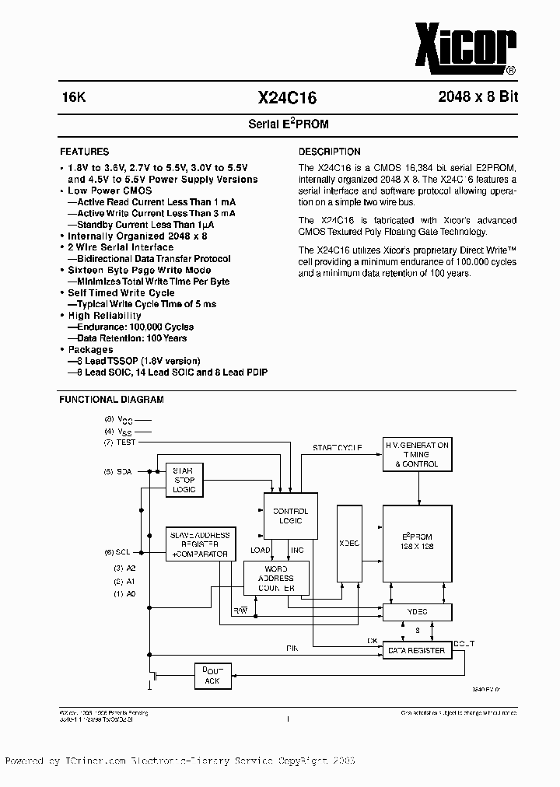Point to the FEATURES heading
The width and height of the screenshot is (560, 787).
click(84, 152)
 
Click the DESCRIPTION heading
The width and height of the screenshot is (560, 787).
click(330, 152)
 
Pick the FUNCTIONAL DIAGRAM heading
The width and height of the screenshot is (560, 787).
click(111, 400)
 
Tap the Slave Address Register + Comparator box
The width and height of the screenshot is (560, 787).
click(199, 544)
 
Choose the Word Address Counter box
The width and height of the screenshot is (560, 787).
click(276, 579)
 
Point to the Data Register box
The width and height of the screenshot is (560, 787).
click(416, 650)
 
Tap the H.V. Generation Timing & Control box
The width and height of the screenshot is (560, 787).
click(417, 454)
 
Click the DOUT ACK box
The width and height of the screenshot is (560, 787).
click(212, 676)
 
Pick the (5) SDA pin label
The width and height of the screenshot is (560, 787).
click(119, 471)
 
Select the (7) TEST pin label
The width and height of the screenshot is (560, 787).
click(120, 442)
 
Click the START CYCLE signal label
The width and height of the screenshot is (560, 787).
click(337, 448)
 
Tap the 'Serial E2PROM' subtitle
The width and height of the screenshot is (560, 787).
click(282, 124)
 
